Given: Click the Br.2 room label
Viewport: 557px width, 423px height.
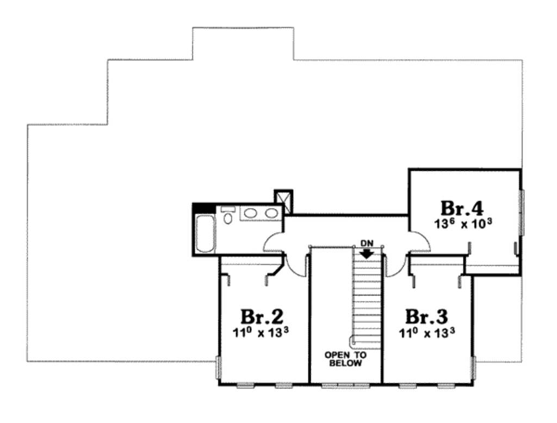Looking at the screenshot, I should [261, 316].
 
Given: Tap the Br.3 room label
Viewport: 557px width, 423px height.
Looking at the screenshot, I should [427, 316].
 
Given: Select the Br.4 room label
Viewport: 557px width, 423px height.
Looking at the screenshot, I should [462, 208].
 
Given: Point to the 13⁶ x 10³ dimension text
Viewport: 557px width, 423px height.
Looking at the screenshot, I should [463, 224].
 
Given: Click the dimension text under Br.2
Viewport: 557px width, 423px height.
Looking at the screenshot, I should [261, 333].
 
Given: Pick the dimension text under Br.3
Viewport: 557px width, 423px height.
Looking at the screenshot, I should [427, 333].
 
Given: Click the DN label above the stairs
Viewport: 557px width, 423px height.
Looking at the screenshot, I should [367, 243].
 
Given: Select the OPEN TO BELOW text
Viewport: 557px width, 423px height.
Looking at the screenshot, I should [345, 359].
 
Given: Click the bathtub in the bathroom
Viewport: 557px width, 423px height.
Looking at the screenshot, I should [205, 234].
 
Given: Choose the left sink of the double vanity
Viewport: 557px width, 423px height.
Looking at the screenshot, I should [251, 213].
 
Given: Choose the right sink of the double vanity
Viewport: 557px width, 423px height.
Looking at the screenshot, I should [271, 213].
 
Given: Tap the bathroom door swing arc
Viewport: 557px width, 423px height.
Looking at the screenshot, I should [275, 242].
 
